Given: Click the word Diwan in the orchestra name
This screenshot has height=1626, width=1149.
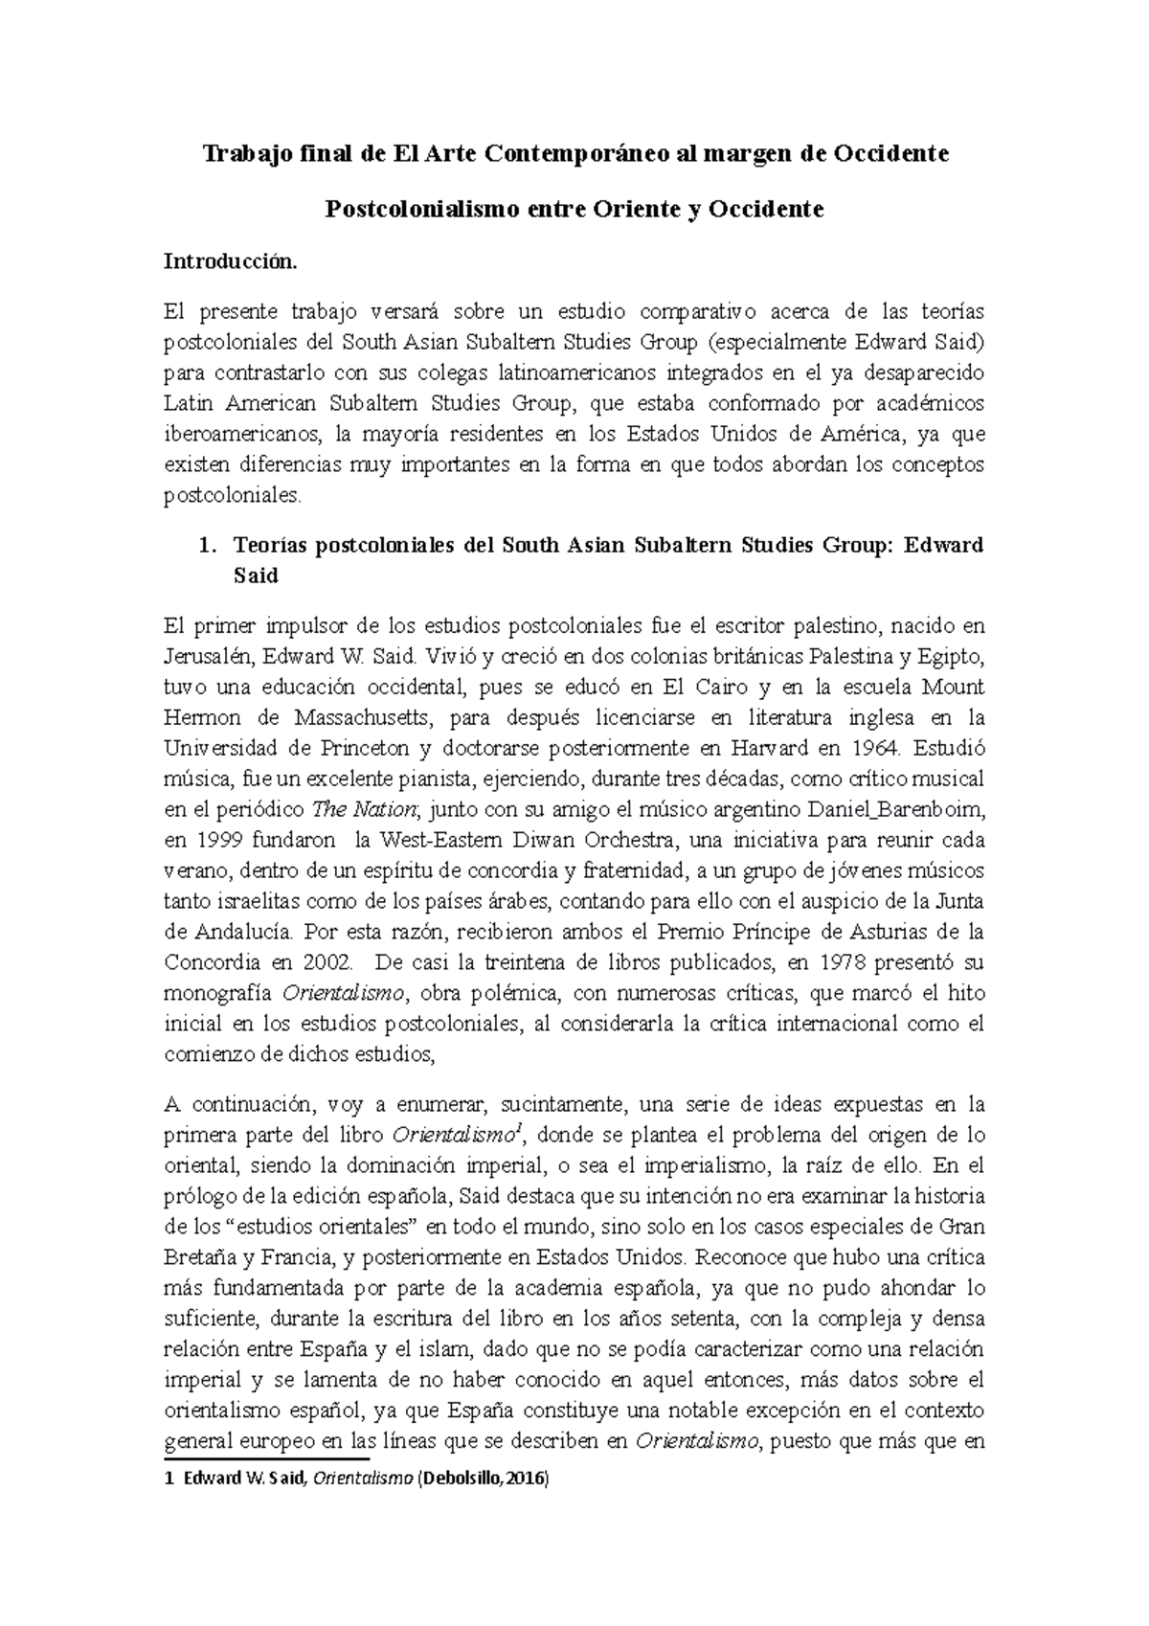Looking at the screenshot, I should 524,841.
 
